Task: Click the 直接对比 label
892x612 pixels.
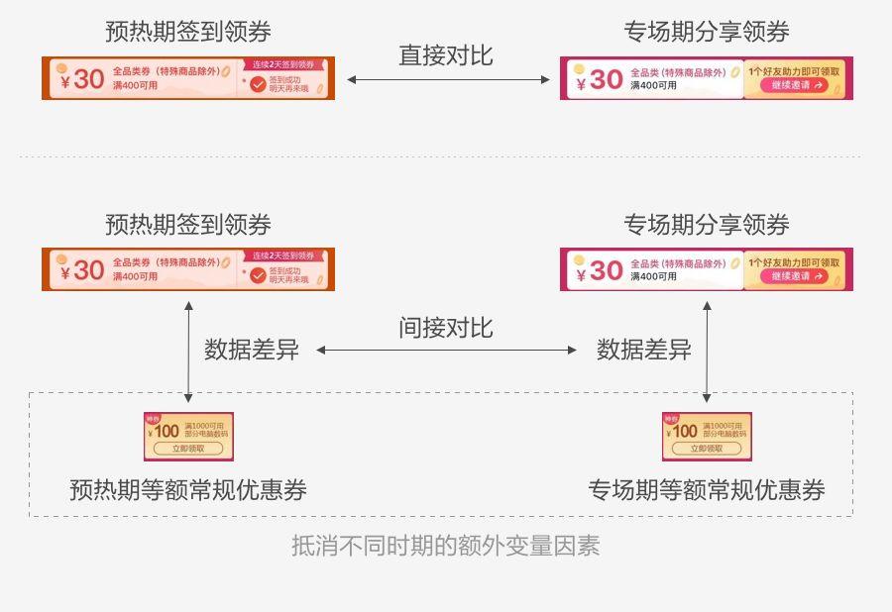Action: [446, 54]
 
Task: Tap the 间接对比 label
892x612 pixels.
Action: [446, 328]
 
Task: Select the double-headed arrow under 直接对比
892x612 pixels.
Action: [447, 79]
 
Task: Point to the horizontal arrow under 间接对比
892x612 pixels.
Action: [446, 350]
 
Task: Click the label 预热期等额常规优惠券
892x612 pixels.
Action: [187, 490]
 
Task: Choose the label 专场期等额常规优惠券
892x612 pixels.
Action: [707, 490]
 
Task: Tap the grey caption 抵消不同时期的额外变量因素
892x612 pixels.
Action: [445, 546]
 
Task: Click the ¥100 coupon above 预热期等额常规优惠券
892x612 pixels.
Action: [188, 436]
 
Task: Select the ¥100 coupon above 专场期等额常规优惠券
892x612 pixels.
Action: [707, 436]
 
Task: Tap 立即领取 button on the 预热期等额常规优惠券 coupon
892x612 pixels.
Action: [188, 449]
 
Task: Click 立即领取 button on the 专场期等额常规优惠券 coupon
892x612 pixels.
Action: [707, 449]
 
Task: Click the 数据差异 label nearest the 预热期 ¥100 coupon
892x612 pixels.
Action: [252, 350]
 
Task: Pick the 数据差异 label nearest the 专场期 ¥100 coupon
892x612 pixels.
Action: [644, 350]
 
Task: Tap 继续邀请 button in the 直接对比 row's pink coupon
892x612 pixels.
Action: [794, 85]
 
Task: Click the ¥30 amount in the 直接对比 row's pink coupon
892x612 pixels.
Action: [599, 79]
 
